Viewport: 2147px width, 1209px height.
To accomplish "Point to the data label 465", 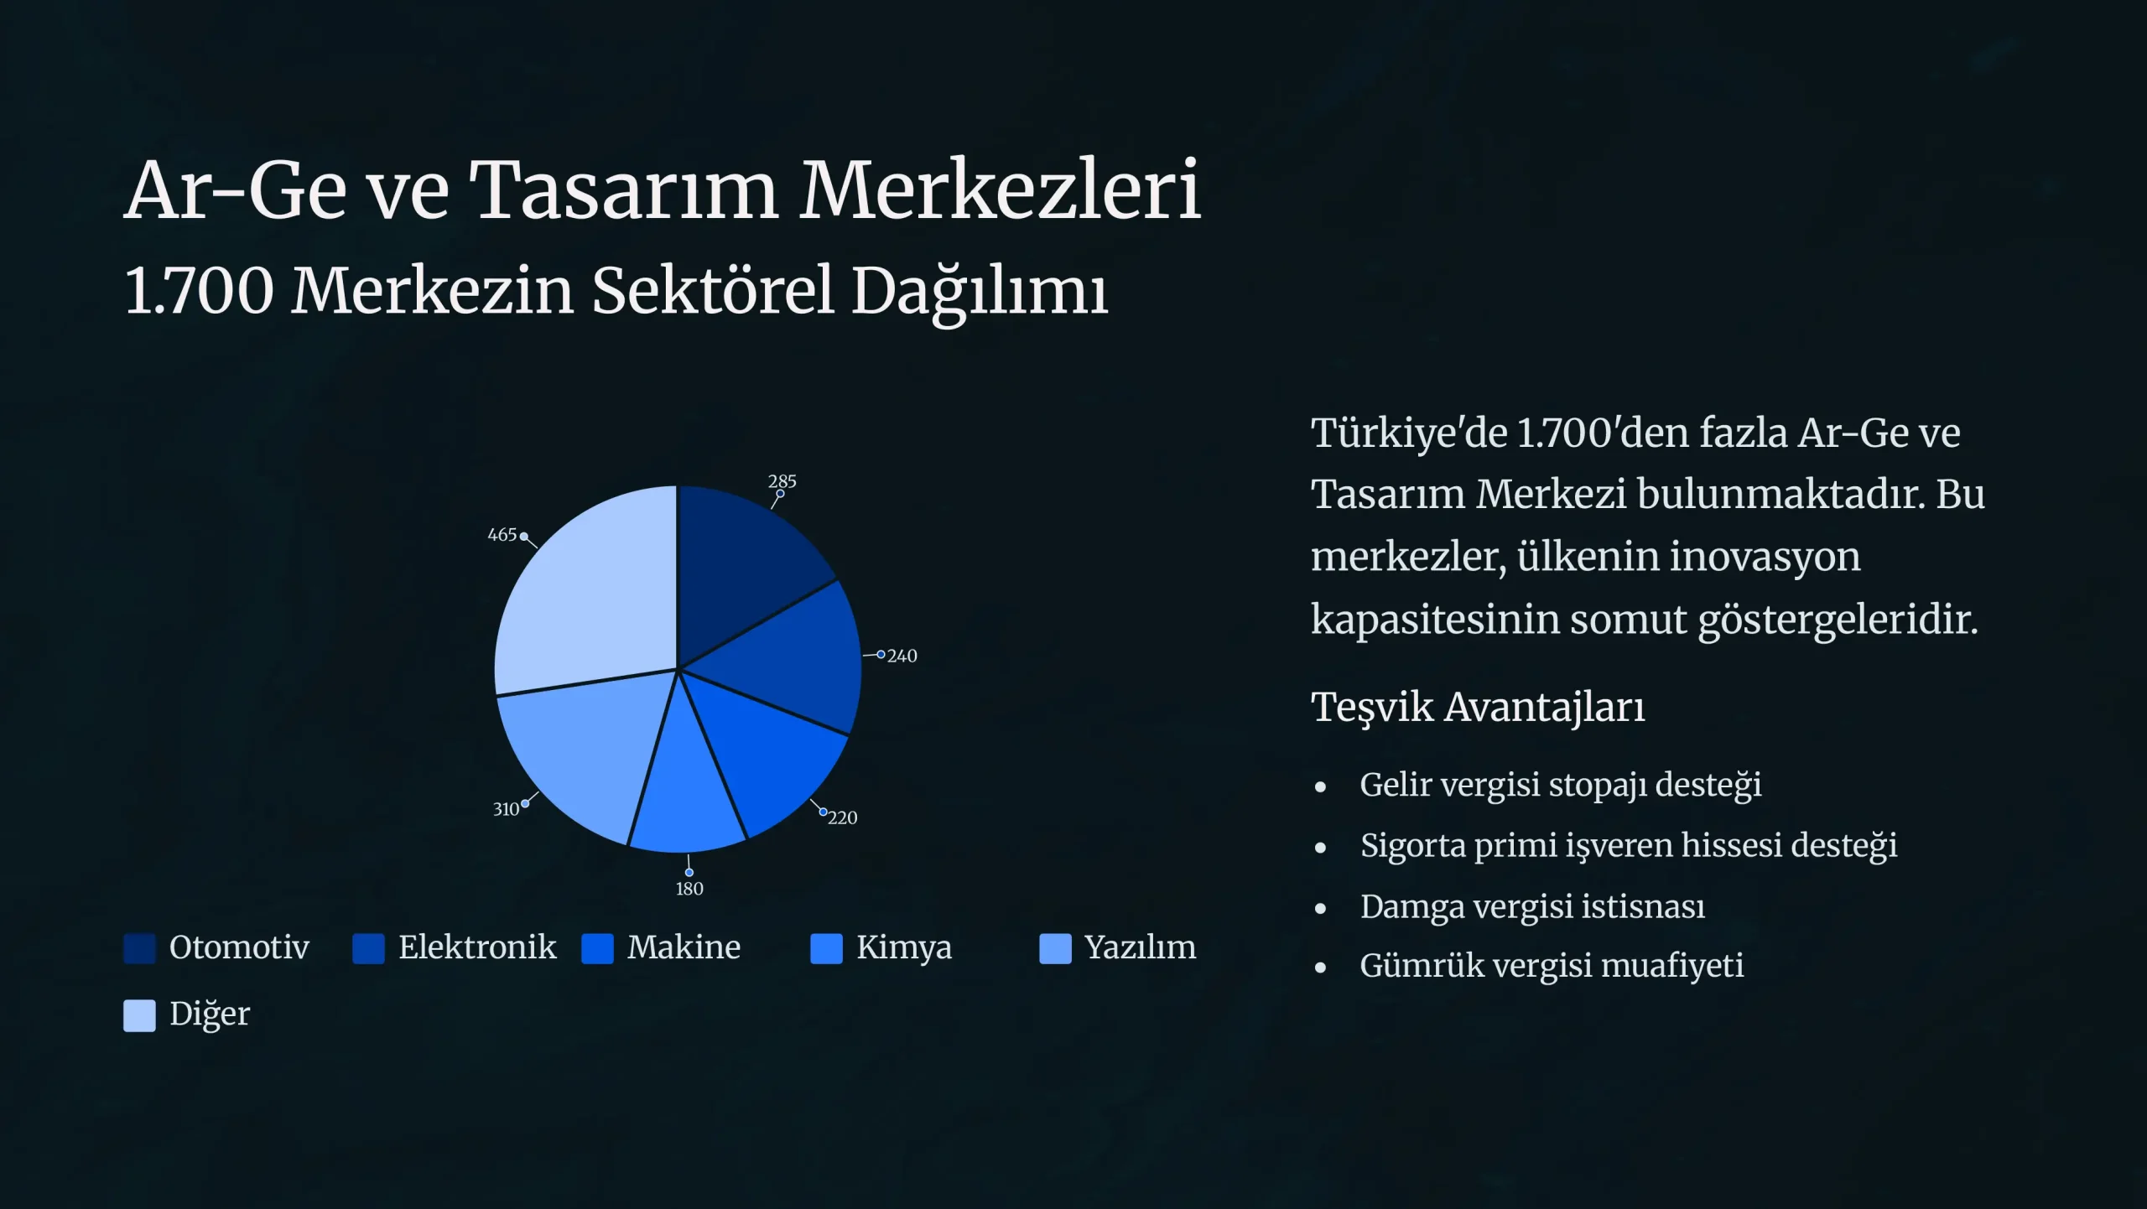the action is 502,535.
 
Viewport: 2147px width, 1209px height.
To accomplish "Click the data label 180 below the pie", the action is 689,889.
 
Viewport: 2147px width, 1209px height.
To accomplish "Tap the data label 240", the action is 902,656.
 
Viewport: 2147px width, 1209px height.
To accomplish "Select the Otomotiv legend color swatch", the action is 139,949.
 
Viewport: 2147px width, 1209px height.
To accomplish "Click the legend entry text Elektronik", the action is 477,947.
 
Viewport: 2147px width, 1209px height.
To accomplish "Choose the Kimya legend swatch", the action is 826,949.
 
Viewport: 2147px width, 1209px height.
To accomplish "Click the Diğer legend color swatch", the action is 139,1015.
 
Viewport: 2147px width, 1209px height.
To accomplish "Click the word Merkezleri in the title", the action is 1000,190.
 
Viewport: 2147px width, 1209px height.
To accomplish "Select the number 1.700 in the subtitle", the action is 200,291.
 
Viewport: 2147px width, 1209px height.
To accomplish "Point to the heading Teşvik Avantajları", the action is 1478,707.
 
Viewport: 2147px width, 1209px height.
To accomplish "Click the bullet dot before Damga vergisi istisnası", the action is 1321,909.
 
